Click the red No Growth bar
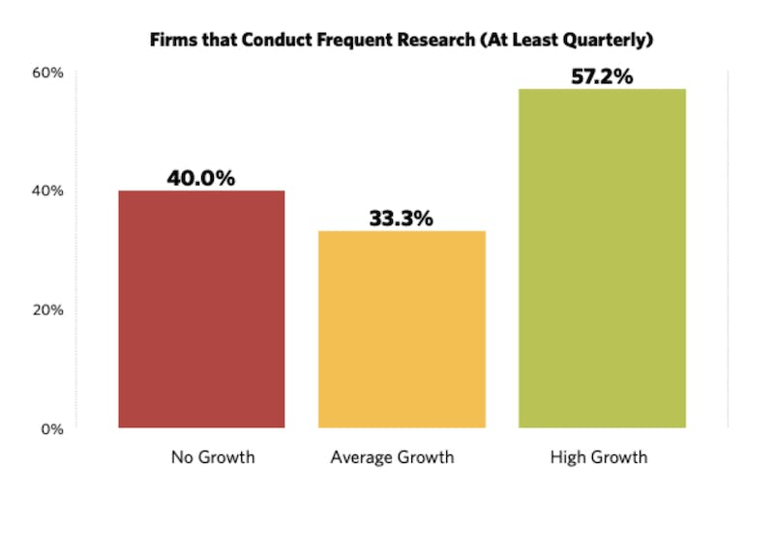pos(201,308)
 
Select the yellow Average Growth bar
pos(402,329)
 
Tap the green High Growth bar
pos(602,258)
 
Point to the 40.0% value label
pos(201,178)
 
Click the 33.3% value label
pos(401,219)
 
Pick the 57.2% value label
pos(602,76)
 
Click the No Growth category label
pos(213,457)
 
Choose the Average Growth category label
pos(392,457)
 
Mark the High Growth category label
pos(599,457)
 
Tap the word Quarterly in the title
pos(606,41)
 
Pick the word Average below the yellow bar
pos(361,457)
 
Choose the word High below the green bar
pos(568,457)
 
